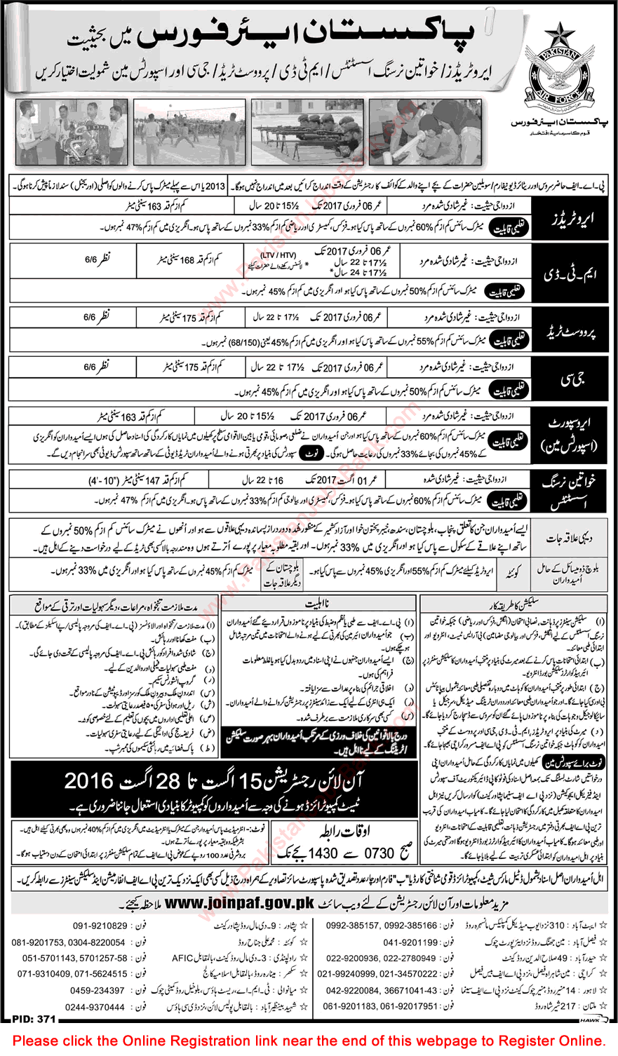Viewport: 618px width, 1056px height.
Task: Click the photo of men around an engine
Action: tap(71, 131)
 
